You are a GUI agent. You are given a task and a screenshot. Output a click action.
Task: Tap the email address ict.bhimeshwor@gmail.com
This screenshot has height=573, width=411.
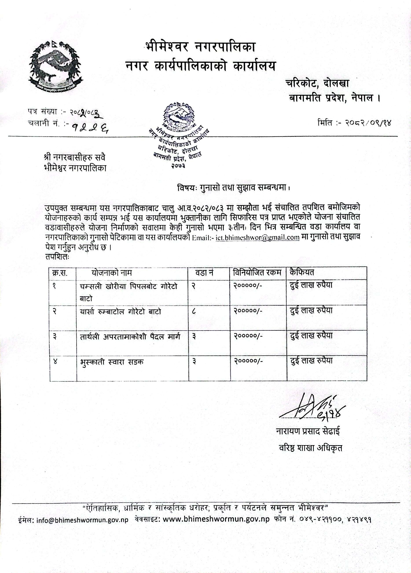[x=258, y=237]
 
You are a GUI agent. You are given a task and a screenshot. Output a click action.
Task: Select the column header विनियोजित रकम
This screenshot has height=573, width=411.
[x=257, y=273]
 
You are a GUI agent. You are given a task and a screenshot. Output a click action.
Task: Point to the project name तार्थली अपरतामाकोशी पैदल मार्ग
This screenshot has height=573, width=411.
[x=130, y=336]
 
